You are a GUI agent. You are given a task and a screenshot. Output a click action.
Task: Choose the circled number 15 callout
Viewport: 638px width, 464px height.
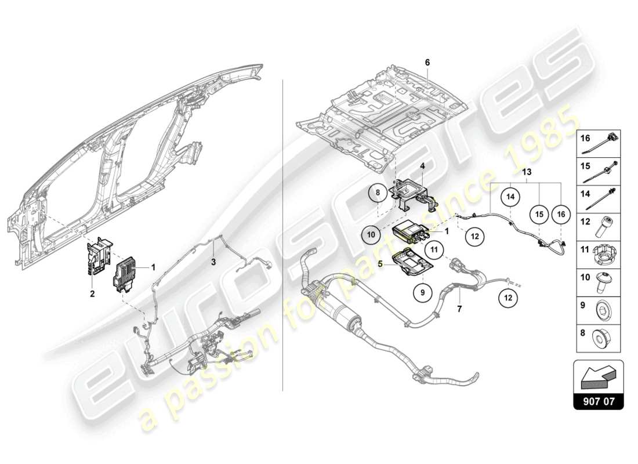[539, 214]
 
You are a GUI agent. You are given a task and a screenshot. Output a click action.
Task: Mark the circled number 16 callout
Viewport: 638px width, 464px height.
[560, 214]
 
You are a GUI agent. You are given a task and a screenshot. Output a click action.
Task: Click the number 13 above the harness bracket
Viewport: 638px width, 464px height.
[526, 172]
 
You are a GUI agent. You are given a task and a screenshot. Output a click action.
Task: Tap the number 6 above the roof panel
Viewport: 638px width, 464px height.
[427, 62]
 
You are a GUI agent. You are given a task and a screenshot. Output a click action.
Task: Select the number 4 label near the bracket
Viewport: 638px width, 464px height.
[422, 166]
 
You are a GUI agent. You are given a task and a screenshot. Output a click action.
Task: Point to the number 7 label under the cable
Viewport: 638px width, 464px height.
[459, 310]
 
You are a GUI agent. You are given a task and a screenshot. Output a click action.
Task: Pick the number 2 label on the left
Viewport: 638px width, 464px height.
[92, 295]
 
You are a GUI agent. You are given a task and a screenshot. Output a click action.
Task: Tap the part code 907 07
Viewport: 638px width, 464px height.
[598, 401]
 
